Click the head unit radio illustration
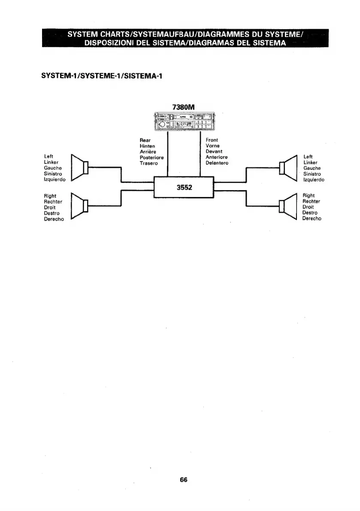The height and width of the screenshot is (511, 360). point(184,121)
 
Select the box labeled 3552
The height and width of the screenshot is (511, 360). point(184,187)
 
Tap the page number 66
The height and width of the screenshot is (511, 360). point(184,480)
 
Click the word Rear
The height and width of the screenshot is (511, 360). point(145,140)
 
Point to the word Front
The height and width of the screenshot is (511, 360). point(212,140)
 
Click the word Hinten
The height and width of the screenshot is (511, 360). point(147,146)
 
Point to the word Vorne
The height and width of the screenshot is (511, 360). point(213,146)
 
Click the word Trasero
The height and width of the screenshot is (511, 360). point(148,163)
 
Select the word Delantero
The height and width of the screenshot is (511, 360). point(217,163)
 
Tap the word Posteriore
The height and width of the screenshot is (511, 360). point(151,157)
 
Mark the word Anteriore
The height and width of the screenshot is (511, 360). point(216,157)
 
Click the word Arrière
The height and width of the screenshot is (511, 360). point(148,151)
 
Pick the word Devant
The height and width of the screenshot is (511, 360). point(214,151)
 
